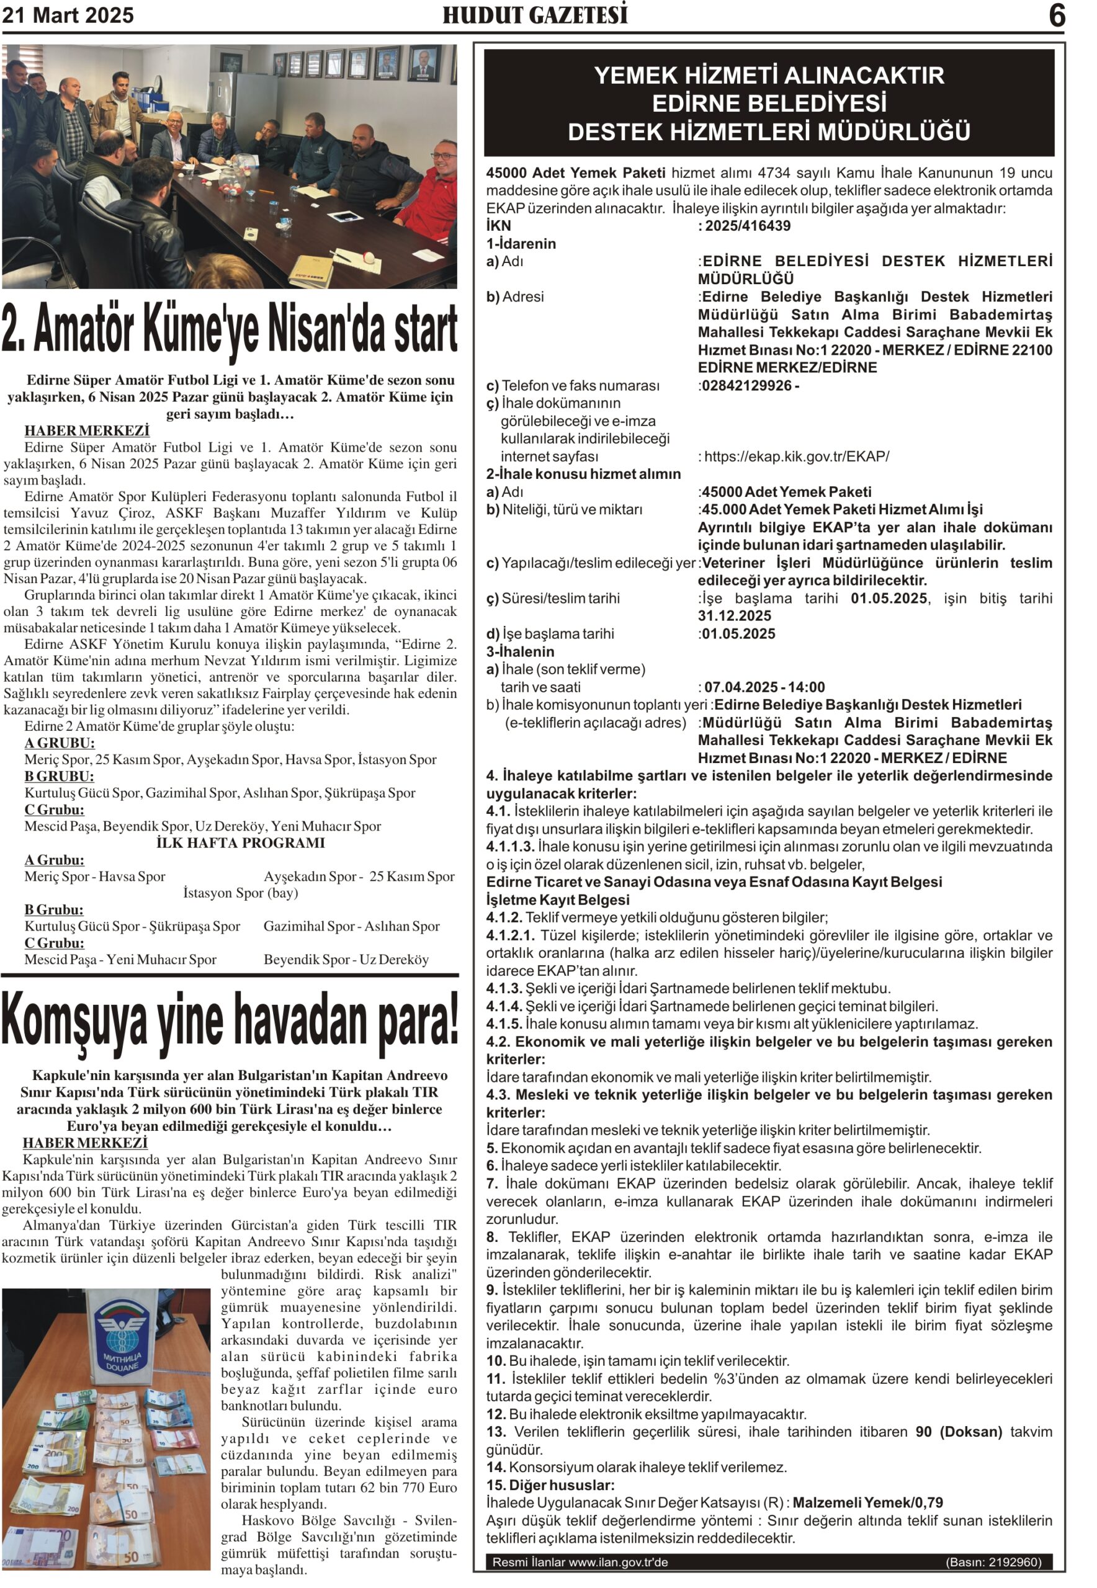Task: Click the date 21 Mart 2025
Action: point(68,15)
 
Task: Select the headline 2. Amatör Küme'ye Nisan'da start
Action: point(230,329)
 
